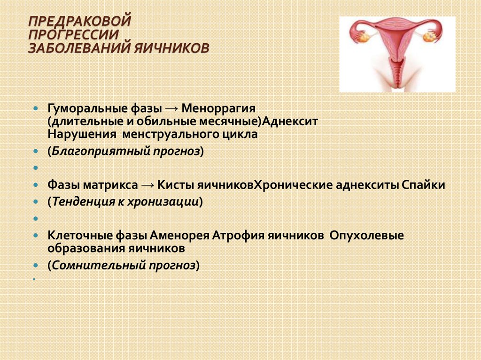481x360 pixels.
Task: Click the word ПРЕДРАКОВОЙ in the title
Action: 80,21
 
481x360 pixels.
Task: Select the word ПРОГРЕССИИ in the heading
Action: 73,35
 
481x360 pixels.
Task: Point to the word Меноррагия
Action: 218,108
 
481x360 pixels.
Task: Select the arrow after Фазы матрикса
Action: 147,185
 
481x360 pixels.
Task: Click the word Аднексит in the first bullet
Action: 290,122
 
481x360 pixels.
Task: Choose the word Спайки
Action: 423,185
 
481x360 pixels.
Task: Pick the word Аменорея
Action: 179,236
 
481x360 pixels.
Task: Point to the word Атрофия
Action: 238,236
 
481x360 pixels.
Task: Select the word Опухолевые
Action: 367,236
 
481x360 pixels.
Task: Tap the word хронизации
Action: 163,202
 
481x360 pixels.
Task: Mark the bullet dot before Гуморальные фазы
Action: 36,108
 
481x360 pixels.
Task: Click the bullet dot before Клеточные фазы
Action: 36,236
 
